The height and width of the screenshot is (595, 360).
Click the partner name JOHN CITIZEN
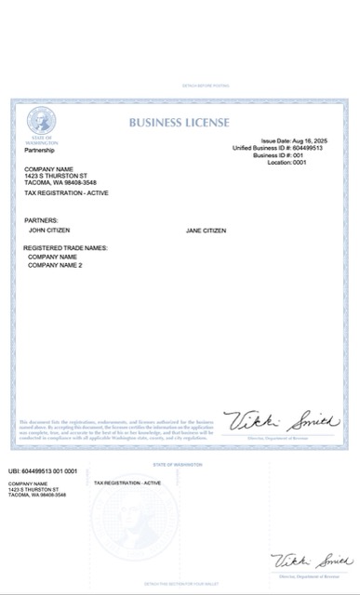tap(49, 230)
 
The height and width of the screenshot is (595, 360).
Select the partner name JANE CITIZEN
tap(206, 231)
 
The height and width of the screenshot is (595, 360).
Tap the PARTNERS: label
tap(42, 220)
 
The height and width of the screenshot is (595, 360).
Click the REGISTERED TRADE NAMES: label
tap(65, 248)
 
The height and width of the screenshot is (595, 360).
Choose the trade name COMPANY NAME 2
tap(55, 266)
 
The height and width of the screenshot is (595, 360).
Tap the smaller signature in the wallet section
tap(311, 562)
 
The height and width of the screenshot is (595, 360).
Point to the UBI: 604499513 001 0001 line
tap(44, 471)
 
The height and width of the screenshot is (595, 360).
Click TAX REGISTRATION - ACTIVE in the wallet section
tap(127, 483)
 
